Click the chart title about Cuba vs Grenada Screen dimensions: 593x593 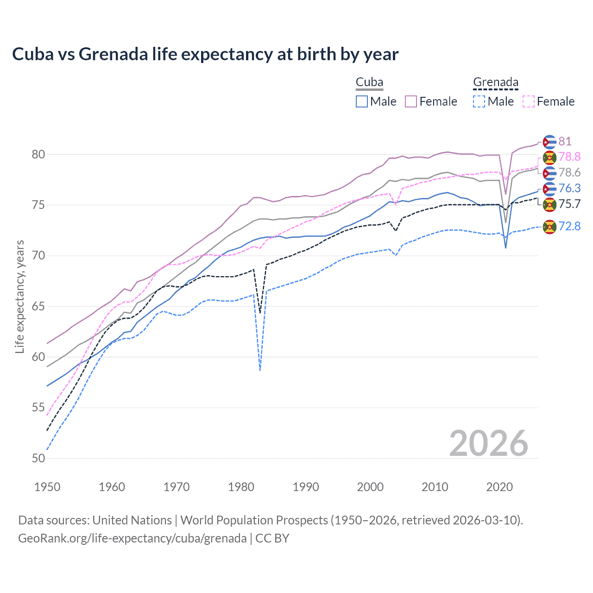[x=205, y=54]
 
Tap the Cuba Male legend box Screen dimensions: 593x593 [x=362, y=101]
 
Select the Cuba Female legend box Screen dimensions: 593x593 [x=411, y=101]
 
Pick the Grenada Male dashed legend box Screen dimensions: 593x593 [x=479, y=101]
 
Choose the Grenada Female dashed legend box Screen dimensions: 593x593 [x=529, y=101]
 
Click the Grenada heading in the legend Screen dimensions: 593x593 [x=495, y=82]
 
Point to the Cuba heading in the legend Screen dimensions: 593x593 [x=369, y=82]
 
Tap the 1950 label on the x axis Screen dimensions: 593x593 [x=47, y=487]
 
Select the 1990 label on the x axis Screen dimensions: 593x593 [x=306, y=487]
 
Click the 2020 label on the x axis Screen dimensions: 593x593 [x=499, y=487]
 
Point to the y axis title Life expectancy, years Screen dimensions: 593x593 [x=19, y=296]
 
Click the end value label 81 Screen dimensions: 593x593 [x=565, y=141]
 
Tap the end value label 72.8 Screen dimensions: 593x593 [x=569, y=226]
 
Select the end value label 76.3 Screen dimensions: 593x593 [x=569, y=188]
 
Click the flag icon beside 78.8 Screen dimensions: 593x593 [x=549, y=158]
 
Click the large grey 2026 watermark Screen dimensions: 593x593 [x=489, y=443]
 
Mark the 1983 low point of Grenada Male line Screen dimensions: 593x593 [x=260, y=370]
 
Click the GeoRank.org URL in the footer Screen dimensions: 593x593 [x=132, y=538]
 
